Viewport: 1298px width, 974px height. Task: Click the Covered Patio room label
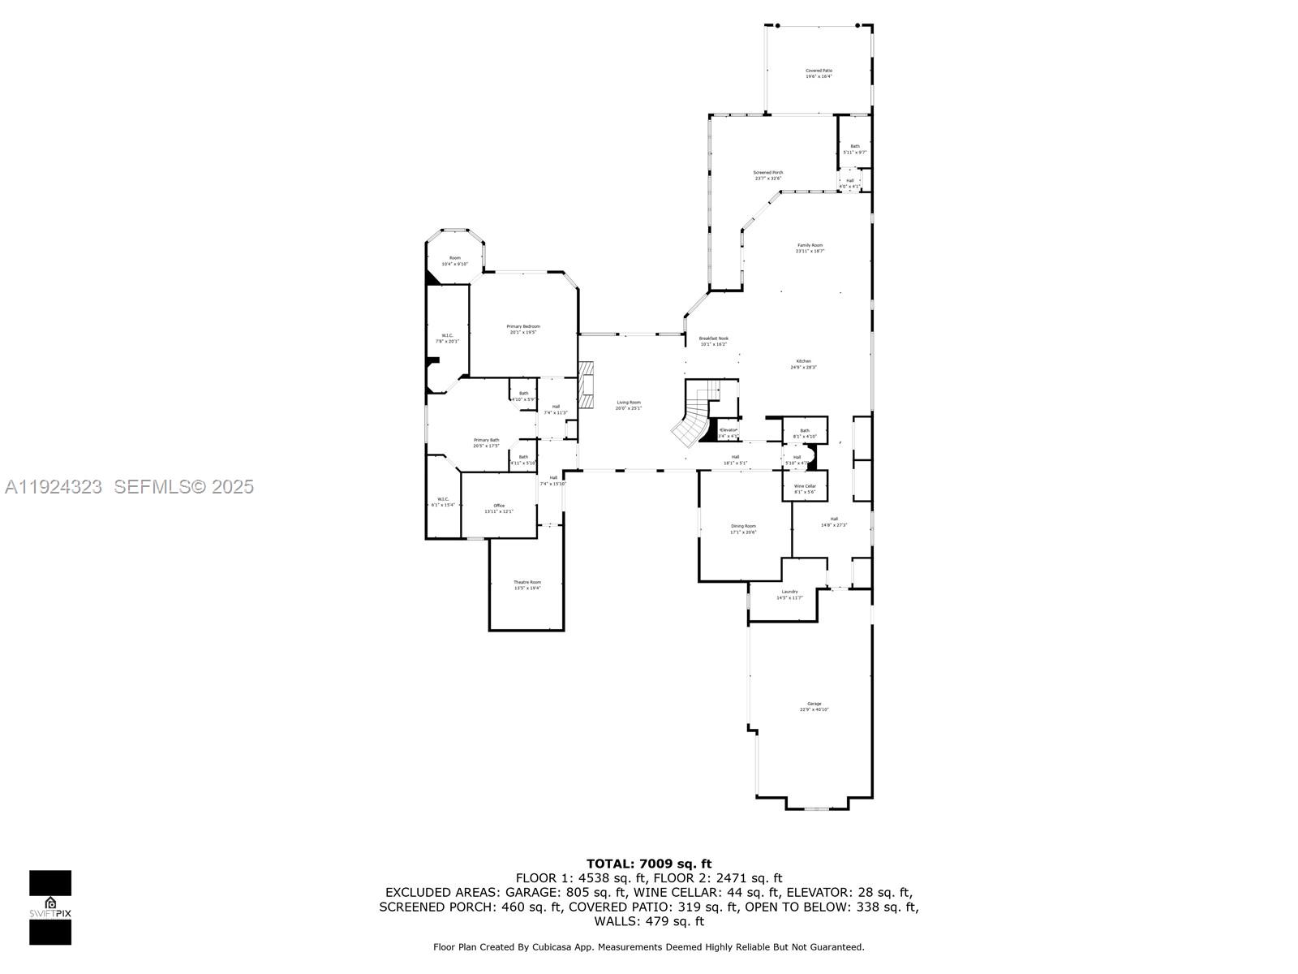(819, 73)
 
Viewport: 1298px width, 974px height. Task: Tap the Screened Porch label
(768, 175)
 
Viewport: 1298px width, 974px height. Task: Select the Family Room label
(810, 248)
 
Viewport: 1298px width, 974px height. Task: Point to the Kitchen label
(803, 364)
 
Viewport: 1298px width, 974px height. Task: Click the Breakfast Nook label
(714, 341)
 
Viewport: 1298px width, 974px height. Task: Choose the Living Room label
(628, 405)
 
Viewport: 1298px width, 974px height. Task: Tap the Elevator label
(728, 433)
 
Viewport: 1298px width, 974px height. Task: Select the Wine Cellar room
(805, 489)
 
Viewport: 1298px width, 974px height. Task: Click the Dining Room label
(743, 528)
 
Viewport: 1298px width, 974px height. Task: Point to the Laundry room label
(789, 594)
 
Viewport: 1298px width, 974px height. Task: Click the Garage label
(814, 706)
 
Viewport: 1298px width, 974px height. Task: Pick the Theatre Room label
(527, 584)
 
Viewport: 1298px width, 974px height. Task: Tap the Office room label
(499, 508)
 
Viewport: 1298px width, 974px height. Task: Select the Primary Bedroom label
(523, 329)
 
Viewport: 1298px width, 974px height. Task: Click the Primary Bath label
(486, 442)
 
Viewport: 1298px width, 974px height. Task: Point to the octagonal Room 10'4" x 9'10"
(455, 261)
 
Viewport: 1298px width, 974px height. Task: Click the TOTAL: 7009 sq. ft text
(649, 864)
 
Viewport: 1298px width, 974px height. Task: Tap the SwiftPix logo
(50, 907)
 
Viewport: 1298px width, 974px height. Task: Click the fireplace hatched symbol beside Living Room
(587, 390)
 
